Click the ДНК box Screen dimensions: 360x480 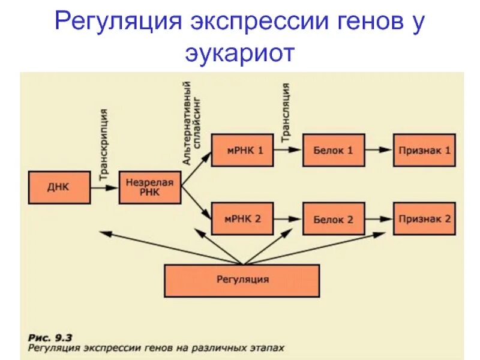58,187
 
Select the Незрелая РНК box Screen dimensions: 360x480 150,187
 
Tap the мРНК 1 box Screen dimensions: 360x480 242,150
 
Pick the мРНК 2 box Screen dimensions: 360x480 242,218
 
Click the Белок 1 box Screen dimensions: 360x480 333,150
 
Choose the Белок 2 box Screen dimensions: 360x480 333,218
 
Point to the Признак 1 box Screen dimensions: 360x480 424,150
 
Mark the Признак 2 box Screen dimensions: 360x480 424,218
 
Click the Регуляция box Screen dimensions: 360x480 242,280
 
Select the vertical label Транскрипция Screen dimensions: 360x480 104,144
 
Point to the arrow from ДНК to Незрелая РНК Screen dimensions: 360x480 104,187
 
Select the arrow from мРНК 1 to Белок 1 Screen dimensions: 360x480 287,150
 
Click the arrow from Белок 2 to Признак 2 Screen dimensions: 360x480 378,218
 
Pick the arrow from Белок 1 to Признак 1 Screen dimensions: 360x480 378,150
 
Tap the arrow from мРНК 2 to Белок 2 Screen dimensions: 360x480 287,218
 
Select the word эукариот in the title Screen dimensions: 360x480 240,53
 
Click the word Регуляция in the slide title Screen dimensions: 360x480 118,23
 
